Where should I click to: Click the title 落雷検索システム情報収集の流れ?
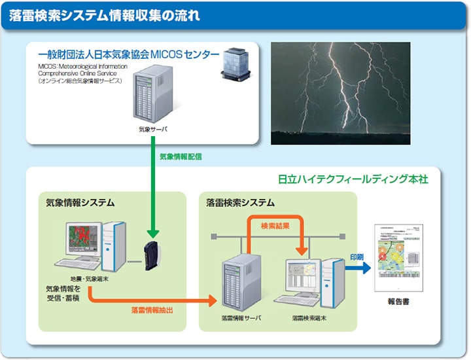[x=105, y=14]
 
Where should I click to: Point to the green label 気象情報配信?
[x=181, y=157]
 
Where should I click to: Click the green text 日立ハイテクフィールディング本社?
[x=353, y=179]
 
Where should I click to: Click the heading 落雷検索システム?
[x=240, y=203]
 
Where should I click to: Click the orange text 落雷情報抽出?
[x=152, y=309]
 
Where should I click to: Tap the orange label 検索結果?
[x=275, y=226]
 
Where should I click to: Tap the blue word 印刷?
[x=357, y=257]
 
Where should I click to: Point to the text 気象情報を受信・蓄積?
[x=63, y=294]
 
